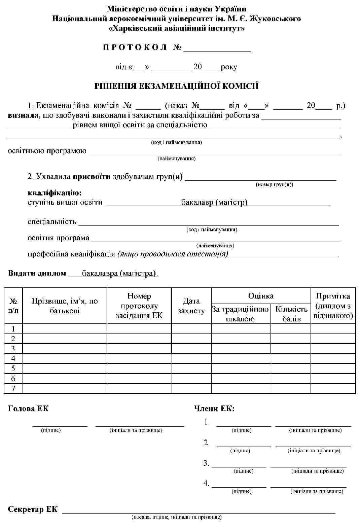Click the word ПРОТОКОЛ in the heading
[135, 47]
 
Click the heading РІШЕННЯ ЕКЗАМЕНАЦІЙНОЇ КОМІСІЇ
[176, 86]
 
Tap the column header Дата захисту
[191, 306]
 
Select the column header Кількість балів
[291, 314]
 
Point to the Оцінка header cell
[261, 296]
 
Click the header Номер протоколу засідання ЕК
[139, 306]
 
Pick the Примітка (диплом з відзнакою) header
[333, 306]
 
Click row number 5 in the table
[13, 368]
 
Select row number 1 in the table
[13, 328]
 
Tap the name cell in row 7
[65, 388]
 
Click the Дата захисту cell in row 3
[191, 348]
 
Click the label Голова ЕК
[28, 409]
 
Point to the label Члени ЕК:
[214, 409]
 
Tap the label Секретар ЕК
[33, 509]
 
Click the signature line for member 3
[239, 466]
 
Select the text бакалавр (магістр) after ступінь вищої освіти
[214, 202]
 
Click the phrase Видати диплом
[37, 273]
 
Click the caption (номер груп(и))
[274, 184]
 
